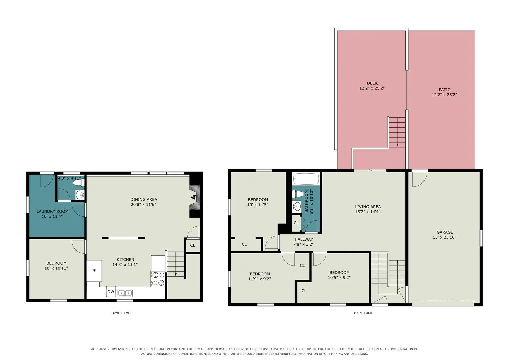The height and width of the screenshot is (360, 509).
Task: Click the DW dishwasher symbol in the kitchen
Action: (111, 292)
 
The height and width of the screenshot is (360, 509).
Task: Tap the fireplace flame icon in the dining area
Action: (193, 197)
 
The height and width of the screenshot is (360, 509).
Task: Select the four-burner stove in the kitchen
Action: (158, 279)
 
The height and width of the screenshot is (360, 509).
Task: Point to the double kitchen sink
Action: (125, 293)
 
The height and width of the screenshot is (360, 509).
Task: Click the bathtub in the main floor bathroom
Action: (306, 179)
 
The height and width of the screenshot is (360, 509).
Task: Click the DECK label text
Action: (372, 83)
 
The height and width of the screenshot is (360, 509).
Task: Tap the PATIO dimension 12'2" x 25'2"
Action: (444, 95)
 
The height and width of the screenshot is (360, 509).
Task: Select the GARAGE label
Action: (445, 232)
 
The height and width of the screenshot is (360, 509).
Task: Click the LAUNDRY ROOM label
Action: (52, 211)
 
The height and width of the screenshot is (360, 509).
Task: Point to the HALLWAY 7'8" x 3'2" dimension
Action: (303, 244)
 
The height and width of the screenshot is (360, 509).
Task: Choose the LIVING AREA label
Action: (368, 207)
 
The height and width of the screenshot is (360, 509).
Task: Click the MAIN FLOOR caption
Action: (363, 313)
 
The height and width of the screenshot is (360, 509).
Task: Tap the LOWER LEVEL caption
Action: (121, 313)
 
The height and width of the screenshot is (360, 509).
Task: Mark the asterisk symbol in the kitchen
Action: (94, 271)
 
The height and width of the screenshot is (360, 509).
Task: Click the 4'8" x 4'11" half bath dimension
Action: (69, 178)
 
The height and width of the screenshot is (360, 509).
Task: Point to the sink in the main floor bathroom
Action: (297, 207)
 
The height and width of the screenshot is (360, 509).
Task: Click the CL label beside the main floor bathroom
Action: (296, 223)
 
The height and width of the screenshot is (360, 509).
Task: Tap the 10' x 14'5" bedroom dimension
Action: (258, 205)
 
